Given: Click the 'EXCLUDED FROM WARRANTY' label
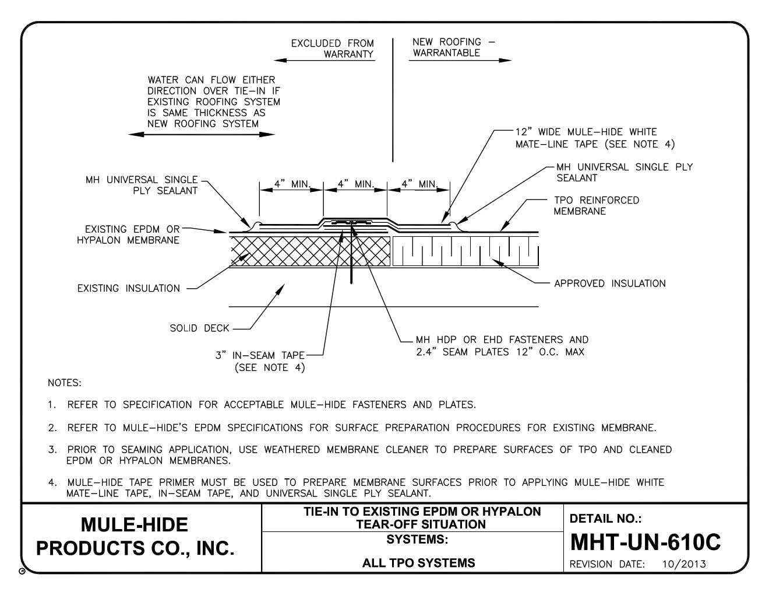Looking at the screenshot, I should click(x=333, y=48).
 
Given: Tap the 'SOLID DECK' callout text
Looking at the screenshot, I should click(x=199, y=328).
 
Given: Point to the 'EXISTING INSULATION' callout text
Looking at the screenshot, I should click(x=129, y=288).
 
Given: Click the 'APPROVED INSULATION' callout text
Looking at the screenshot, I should click(x=609, y=283).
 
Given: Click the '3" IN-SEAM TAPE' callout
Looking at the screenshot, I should click(x=260, y=362).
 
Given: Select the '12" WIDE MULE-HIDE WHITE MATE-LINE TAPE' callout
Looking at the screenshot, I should click(x=594, y=138).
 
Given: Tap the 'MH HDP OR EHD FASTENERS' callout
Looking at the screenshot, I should click(x=502, y=345).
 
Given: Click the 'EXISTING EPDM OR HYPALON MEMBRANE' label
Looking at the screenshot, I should click(x=128, y=235).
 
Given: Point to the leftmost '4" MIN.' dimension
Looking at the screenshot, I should click(x=291, y=184).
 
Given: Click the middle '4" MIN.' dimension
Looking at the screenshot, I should click(x=355, y=184).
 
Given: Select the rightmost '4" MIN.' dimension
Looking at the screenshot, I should click(x=418, y=184).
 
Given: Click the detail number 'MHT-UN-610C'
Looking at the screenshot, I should click(x=645, y=542).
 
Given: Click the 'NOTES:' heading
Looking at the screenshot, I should click(x=65, y=383).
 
